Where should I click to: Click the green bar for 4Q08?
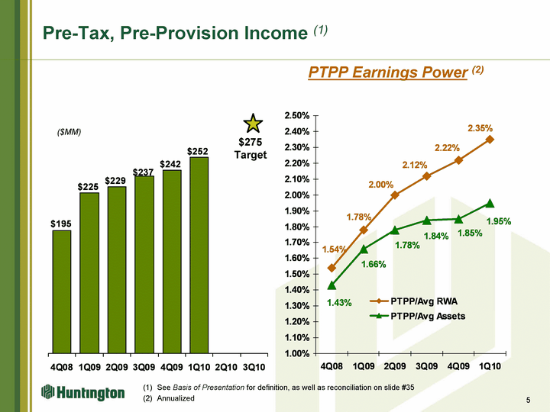62,290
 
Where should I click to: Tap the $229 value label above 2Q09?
116,180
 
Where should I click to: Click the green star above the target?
253,124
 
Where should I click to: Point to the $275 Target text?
251,149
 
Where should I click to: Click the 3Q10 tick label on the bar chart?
254,366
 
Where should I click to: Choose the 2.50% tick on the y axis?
296,116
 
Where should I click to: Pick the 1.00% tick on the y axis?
296,353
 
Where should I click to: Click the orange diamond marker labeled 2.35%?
490,140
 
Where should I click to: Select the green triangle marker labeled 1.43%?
332,285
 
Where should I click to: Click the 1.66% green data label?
374,264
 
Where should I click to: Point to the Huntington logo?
82,393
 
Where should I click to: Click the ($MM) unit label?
70,132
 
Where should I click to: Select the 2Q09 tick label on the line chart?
394,366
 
